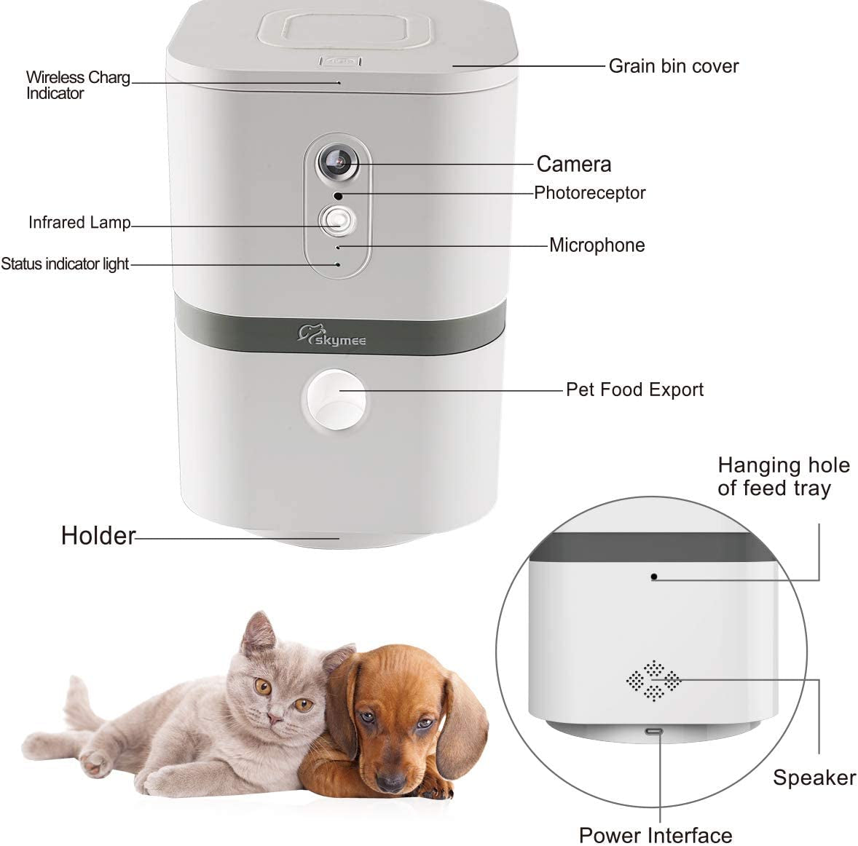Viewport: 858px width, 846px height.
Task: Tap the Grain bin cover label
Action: coord(673,66)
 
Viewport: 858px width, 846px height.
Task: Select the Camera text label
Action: coord(573,164)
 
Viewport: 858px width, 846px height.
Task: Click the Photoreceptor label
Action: coord(589,193)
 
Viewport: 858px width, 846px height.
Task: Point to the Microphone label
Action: coord(597,245)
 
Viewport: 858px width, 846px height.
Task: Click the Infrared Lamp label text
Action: coord(79,223)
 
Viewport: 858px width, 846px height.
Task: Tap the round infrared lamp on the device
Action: coord(337,220)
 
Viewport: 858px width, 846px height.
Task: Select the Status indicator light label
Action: coord(65,264)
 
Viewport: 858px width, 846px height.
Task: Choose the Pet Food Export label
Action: coord(634,390)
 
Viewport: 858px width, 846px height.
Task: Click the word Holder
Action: coord(98,536)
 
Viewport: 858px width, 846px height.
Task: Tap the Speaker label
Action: coord(814,778)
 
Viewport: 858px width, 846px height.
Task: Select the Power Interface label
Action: coord(655,834)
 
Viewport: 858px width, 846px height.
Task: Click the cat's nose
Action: coord(274,718)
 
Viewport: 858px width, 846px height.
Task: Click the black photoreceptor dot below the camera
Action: coord(338,196)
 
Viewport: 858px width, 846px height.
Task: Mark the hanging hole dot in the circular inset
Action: coord(654,577)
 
